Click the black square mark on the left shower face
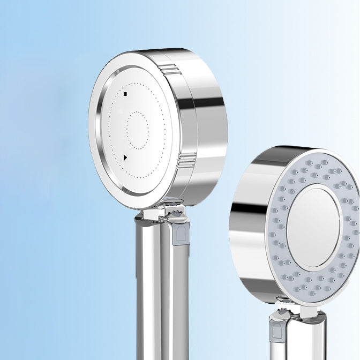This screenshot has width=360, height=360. click(x=125, y=94)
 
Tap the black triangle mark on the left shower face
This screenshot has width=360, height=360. click(x=125, y=157)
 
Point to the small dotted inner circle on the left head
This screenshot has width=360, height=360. click(x=138, y=130)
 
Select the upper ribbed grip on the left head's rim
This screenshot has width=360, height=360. click(x=169, y=69)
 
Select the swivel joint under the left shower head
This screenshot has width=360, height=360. click(x=161, y=212)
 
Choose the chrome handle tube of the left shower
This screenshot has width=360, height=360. click(x=153, y=289)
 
